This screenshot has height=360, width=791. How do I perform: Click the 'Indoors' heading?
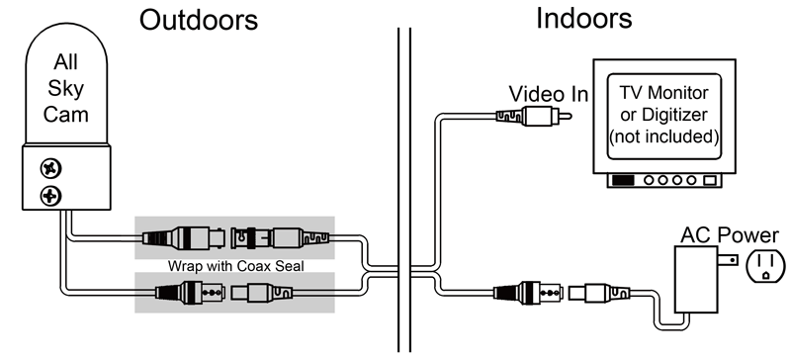tap(584, 18)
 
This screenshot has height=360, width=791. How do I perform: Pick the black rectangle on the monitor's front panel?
tap(623, 182)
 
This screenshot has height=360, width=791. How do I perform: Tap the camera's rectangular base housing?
tap(65, 178)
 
